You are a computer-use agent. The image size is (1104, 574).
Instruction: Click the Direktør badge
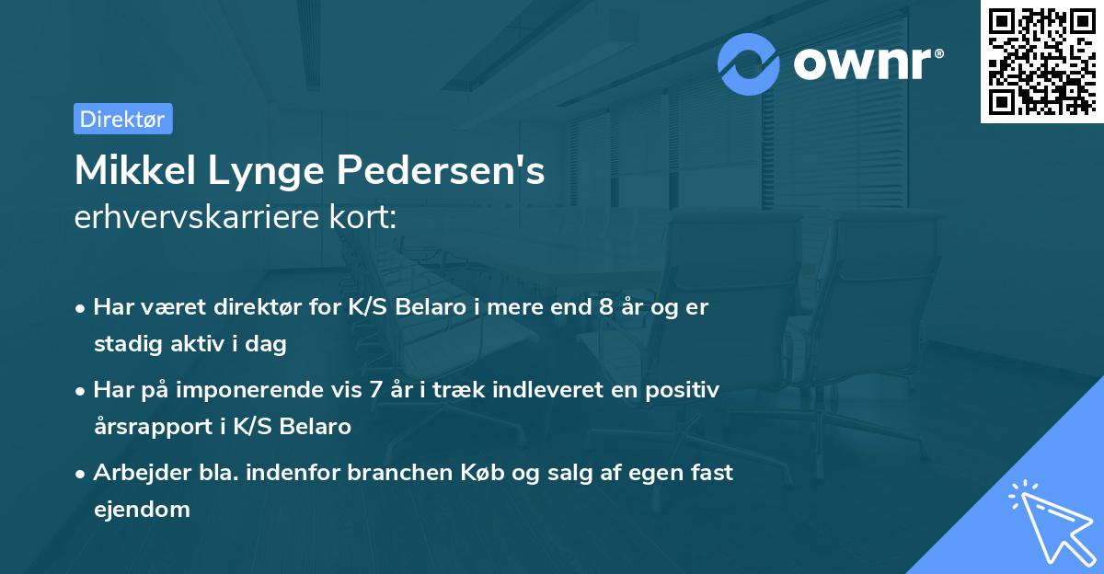pyautogui.click(x=122, y=119)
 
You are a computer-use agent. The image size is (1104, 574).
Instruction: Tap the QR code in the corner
pyautogui.click(x=1041, y=62)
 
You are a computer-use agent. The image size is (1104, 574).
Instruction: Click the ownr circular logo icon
pyautogui.click(x=749, y=63)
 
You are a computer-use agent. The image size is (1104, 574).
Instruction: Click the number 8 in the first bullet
pyautogui.click(x=605, y=307)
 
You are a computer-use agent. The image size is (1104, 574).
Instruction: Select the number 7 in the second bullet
pyautogui.click(x=374, y=390)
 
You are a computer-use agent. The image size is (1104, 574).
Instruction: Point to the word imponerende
pyautogui.click(x=260, y=390)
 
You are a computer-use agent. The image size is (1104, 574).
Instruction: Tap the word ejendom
pyautogui.click(x=142, y=509)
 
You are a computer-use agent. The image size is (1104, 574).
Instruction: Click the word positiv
pyautogui.click(x=684, y=390)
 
